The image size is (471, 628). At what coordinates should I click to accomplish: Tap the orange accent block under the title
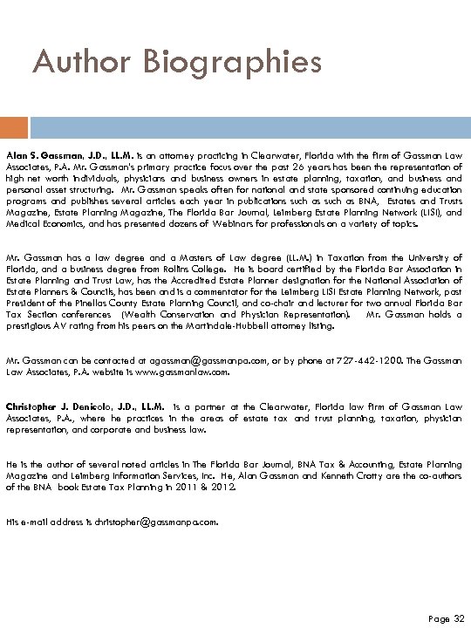point(9,128)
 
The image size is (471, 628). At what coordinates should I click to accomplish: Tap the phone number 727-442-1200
point(379,360)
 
